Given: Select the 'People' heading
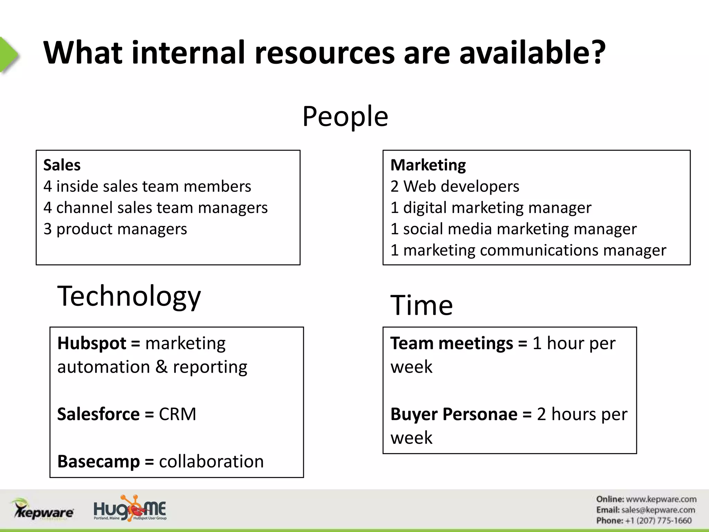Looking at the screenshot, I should pos(345,116).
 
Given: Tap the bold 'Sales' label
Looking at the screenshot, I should pos(62,165).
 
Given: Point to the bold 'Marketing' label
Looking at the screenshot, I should pos(428,165).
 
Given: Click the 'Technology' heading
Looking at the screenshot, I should pos(129,296).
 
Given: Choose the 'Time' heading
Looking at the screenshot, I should pos(421,305).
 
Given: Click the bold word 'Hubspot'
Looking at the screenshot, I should pos(92,344).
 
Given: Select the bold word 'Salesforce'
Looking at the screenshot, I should pos(98,414).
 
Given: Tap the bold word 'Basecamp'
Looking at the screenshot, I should pos(98,462).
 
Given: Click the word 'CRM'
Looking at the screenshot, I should pos(177,414).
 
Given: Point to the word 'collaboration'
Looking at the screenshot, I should pos(211,462).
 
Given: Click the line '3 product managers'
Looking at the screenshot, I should pos(115,229).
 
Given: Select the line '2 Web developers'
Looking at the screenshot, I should pos(455,186).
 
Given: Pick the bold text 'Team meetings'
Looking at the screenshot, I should pos(451,344).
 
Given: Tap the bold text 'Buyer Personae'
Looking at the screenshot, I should pos(454,414).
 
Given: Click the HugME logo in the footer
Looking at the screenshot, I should pos(130,508).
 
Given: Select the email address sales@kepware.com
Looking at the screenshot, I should pos(658,510).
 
